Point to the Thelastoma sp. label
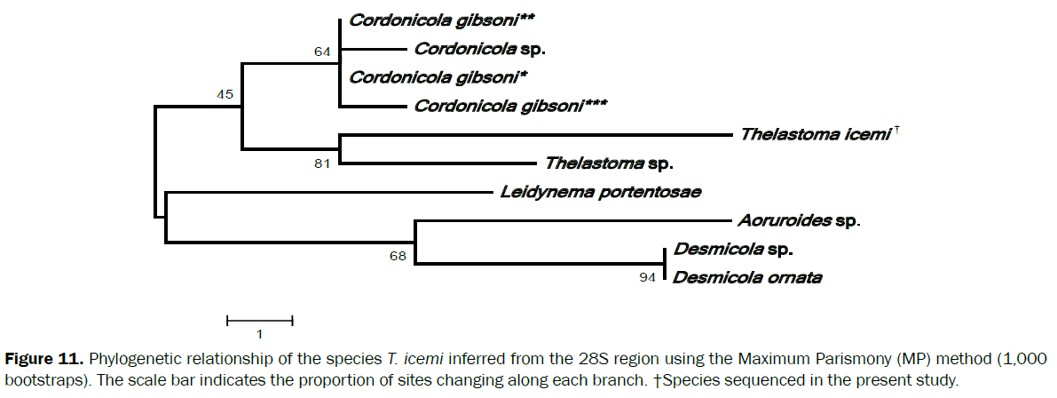point(609,163)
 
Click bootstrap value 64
point(322,52)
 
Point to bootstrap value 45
point(225,93)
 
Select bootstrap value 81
point(322,163)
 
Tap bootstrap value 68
point(398,257)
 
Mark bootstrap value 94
point(649,278)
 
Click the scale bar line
point(259,319)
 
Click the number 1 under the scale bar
point(259,335)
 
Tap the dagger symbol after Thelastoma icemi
point(897,131)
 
